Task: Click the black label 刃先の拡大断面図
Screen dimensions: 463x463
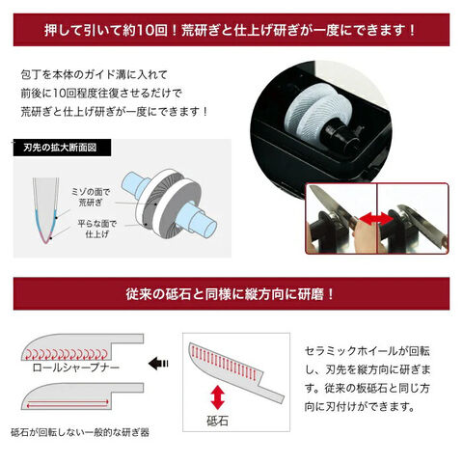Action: [62, 148]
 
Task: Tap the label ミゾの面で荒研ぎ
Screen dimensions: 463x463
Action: [91, 197]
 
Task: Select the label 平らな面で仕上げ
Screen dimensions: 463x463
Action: [97, 229]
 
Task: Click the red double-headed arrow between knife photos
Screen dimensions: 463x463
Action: [376, 219]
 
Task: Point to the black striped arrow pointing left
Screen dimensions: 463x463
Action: [158, 364]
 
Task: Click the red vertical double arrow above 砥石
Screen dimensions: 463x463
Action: [218, 397]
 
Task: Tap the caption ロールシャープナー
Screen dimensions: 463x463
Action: [76, 368]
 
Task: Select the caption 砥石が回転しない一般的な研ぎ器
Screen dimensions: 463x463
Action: [80, 432]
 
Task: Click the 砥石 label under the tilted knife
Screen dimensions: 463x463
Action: [217, 421]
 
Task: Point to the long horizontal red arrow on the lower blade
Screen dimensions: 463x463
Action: [68, 404]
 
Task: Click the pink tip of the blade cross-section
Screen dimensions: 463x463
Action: [46, 238]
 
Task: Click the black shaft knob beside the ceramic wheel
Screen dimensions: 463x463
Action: [340, 135]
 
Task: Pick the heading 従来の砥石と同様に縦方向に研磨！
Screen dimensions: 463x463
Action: [231, 294]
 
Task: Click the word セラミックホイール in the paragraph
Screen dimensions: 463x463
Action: [351, 351]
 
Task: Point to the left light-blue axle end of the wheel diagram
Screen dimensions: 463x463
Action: [135, 184]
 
